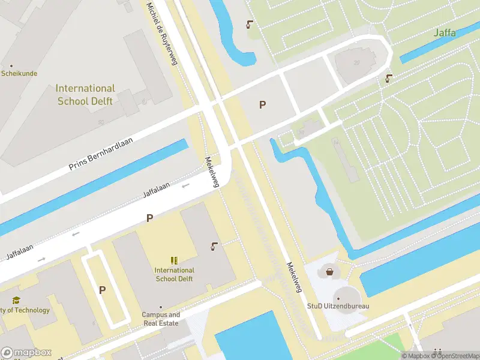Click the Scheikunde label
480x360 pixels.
(x=19, y=74)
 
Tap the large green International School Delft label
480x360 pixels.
(x=86, y=95)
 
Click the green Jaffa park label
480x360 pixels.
(x=445, y=33)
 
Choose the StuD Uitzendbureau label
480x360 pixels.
(x=338, y=306)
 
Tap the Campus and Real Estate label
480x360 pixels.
(x=161, y=319)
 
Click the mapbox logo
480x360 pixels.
(x=26, y=353)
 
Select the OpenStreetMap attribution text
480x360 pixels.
(x=453, y=356)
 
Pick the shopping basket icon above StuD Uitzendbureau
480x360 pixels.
(x=329, y=272)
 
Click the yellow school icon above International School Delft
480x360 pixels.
(x=174, y=260)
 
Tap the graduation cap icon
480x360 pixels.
(x=16, y=301)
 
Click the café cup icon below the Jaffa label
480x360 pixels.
(x=389, y=78)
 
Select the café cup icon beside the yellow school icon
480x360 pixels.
(x=214, y=246)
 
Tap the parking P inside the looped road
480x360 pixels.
(x=103, y=290)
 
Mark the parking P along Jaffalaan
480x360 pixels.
(x=149, y=218)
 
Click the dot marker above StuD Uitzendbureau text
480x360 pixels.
(x=338, y=298)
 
